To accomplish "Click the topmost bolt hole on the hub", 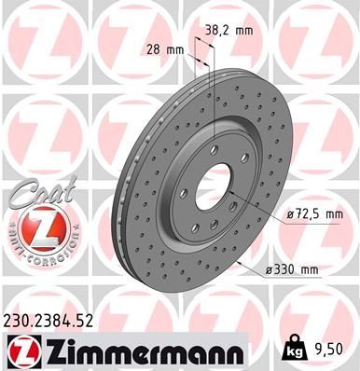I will (216, 149).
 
